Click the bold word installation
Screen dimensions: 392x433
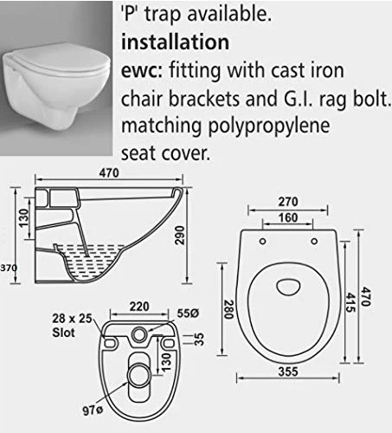coord(175,42)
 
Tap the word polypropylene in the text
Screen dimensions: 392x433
coord(269,126)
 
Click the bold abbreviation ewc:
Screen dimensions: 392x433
coord(142,71)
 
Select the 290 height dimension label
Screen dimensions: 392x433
coord(180,236)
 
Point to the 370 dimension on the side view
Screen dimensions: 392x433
coord(9,268)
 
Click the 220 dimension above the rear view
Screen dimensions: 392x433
coord(139,307)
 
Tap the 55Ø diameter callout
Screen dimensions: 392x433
coord(188,313)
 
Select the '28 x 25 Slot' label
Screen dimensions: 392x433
coord(72,326)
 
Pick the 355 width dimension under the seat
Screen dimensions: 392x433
coord(288,372)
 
